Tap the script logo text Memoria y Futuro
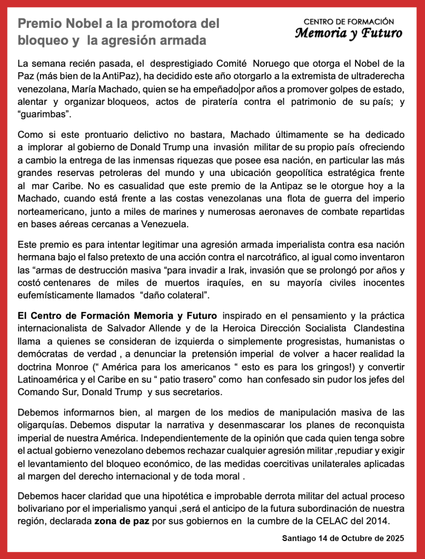tap(349, 33)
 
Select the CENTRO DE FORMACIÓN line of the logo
tap(349, 21)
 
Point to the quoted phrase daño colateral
tap(174, 296)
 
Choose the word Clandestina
tap(379, 328)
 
